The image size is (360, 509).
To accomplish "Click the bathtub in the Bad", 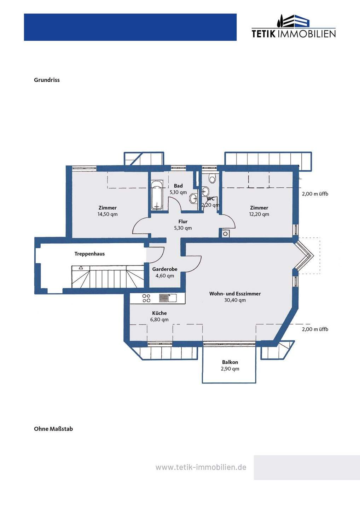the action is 157,195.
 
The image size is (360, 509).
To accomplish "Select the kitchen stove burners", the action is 146,298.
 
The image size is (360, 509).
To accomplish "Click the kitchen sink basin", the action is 172,298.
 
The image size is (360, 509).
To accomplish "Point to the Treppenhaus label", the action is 89,254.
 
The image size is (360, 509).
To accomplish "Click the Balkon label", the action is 230,362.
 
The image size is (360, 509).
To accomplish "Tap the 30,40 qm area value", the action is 235,300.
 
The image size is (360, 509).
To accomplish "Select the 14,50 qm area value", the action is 108,214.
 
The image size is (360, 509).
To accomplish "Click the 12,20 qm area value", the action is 259,214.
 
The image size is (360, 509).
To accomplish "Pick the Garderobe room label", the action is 165,269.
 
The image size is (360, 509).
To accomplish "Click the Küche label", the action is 159,313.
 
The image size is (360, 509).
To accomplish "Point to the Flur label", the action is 183,222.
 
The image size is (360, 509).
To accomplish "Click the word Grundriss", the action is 47,80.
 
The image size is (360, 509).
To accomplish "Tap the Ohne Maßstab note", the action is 53,429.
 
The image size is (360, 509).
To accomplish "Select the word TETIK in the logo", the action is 264,34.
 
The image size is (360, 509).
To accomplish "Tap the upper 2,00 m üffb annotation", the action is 315,194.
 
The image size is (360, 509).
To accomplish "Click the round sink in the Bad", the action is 194,198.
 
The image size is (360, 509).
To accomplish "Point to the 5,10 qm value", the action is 178,192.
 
